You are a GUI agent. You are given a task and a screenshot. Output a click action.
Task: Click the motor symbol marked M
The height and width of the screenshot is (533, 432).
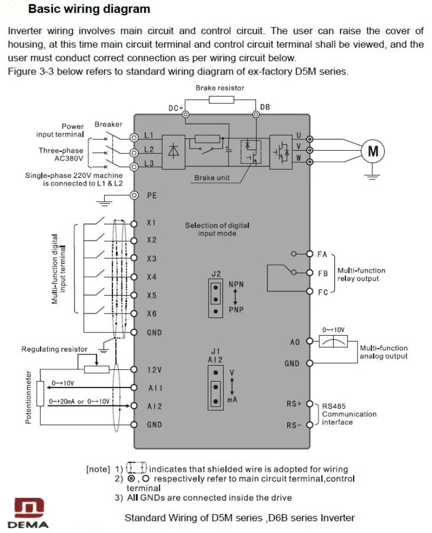(x=373, y=151)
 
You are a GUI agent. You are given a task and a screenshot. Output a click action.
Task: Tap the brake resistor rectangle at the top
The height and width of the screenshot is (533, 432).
(x=221, y=99)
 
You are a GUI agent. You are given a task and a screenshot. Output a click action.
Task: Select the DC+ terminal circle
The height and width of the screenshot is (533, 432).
(x=185, y=115)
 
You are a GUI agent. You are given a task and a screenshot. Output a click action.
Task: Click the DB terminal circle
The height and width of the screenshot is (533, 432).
(x=256, y=115)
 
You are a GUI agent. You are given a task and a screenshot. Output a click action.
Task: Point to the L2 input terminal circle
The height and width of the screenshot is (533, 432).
(x=134, y=152)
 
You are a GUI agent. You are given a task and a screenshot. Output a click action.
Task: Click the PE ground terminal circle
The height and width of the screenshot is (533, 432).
(x=134, y=195)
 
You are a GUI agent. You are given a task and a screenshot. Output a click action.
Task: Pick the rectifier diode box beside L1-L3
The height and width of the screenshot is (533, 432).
(x=173, y=152)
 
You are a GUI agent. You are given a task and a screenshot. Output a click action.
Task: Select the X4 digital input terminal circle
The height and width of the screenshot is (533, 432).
(x=134, y=277)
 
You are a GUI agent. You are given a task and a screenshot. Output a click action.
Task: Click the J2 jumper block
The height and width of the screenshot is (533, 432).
(x=215, y=298)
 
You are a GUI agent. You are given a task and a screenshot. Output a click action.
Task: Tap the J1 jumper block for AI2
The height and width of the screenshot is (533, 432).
(x=215, y=388)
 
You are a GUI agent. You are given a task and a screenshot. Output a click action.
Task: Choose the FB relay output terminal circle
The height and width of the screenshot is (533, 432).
(x=309, y=272)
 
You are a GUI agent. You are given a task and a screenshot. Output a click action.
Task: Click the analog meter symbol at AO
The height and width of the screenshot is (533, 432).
(x=333, y=341)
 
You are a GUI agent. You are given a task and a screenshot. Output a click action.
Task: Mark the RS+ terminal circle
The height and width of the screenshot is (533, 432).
(x=309, y=404)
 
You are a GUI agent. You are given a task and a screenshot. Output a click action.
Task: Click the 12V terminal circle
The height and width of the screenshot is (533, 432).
(x=134, y=370)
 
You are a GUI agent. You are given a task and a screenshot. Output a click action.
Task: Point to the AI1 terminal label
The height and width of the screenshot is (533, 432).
(x=155, y=388)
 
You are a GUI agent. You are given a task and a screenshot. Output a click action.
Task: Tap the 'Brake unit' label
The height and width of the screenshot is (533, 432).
(x=212, y=178)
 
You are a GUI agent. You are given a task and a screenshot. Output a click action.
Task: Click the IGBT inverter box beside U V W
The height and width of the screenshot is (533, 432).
(x=281, y=152)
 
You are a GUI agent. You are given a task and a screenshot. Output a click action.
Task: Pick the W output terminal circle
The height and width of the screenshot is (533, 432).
(x=309, y=162)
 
